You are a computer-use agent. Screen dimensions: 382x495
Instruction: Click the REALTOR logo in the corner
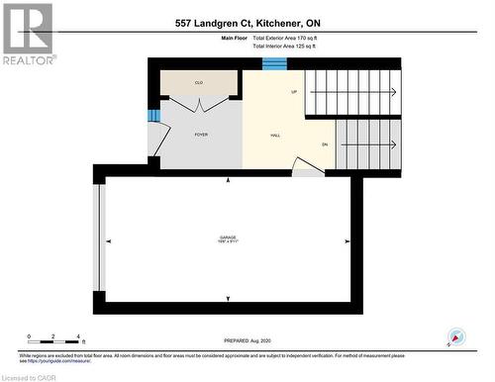coord(28,34)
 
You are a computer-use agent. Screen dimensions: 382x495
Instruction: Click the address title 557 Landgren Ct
coord(247,22)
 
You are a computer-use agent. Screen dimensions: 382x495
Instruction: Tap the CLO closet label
coord(199,82)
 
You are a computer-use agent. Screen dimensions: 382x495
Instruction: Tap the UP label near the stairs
coord(294,92)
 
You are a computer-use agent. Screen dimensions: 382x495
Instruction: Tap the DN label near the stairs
coord(324,144)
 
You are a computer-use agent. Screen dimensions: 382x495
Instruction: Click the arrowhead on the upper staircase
coord(393,93)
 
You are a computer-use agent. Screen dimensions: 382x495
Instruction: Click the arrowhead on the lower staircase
coord(393,144)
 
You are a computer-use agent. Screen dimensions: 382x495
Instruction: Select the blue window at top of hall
coord(274,64)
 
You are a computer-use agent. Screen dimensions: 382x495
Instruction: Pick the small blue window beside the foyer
coord(153,116)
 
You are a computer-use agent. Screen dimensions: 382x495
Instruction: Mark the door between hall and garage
coord(308,171)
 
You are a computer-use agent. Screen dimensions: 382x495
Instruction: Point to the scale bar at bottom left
coord(54,337)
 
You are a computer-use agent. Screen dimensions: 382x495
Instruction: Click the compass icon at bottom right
coord(456,336)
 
